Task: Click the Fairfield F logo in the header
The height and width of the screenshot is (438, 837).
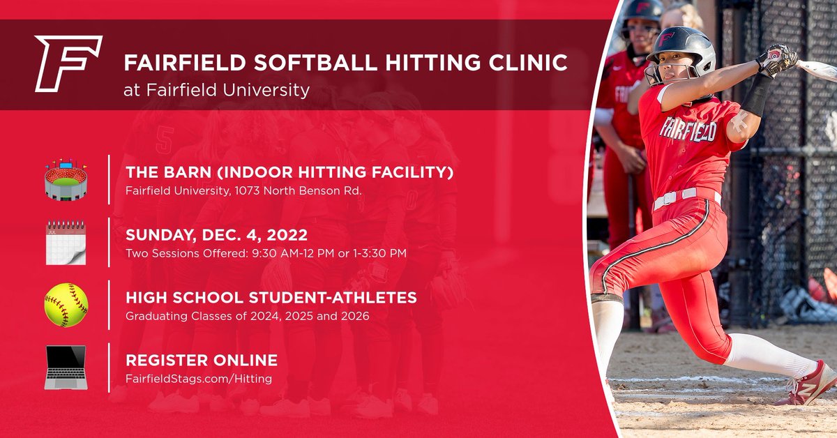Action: pyautogui.click(x=68, y=64)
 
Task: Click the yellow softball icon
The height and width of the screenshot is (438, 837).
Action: pyautogui.click(x=66, y=305)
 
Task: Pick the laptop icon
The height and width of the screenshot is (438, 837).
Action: pyautogui.click(x=66, y=368)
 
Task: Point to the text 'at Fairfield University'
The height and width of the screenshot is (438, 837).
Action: pyautogui.click(x=216, y=91)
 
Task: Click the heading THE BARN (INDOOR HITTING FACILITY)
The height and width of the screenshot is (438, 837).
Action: pyautogui.click(x=289, y=172)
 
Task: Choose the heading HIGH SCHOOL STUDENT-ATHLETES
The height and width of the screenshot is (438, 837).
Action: pyautogui.click(x=271, y=298)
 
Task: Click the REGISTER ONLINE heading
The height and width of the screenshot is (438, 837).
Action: pyautogui.click(x=201, y=361)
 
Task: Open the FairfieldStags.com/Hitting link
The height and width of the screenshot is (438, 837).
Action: pyautogui.click(x=198, y=378)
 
